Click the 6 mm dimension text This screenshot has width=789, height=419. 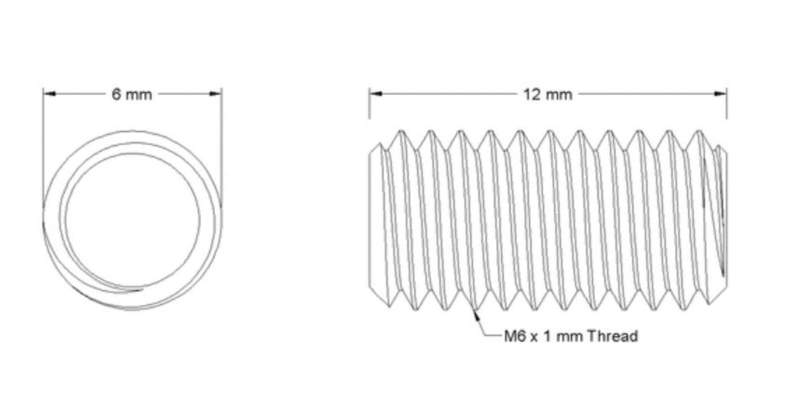click(x=132, y=94)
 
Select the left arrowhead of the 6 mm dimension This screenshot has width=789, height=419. click(x=49, y=93)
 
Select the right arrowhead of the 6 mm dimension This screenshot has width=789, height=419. click(x=216, y=93)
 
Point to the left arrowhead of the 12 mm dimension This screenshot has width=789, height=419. click(x=375, y=93)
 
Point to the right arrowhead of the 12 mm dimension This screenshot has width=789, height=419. click(x=721, y=93)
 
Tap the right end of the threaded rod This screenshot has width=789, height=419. click(x=724, y=219)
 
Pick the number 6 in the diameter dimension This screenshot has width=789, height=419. click(x=116, y=94)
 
